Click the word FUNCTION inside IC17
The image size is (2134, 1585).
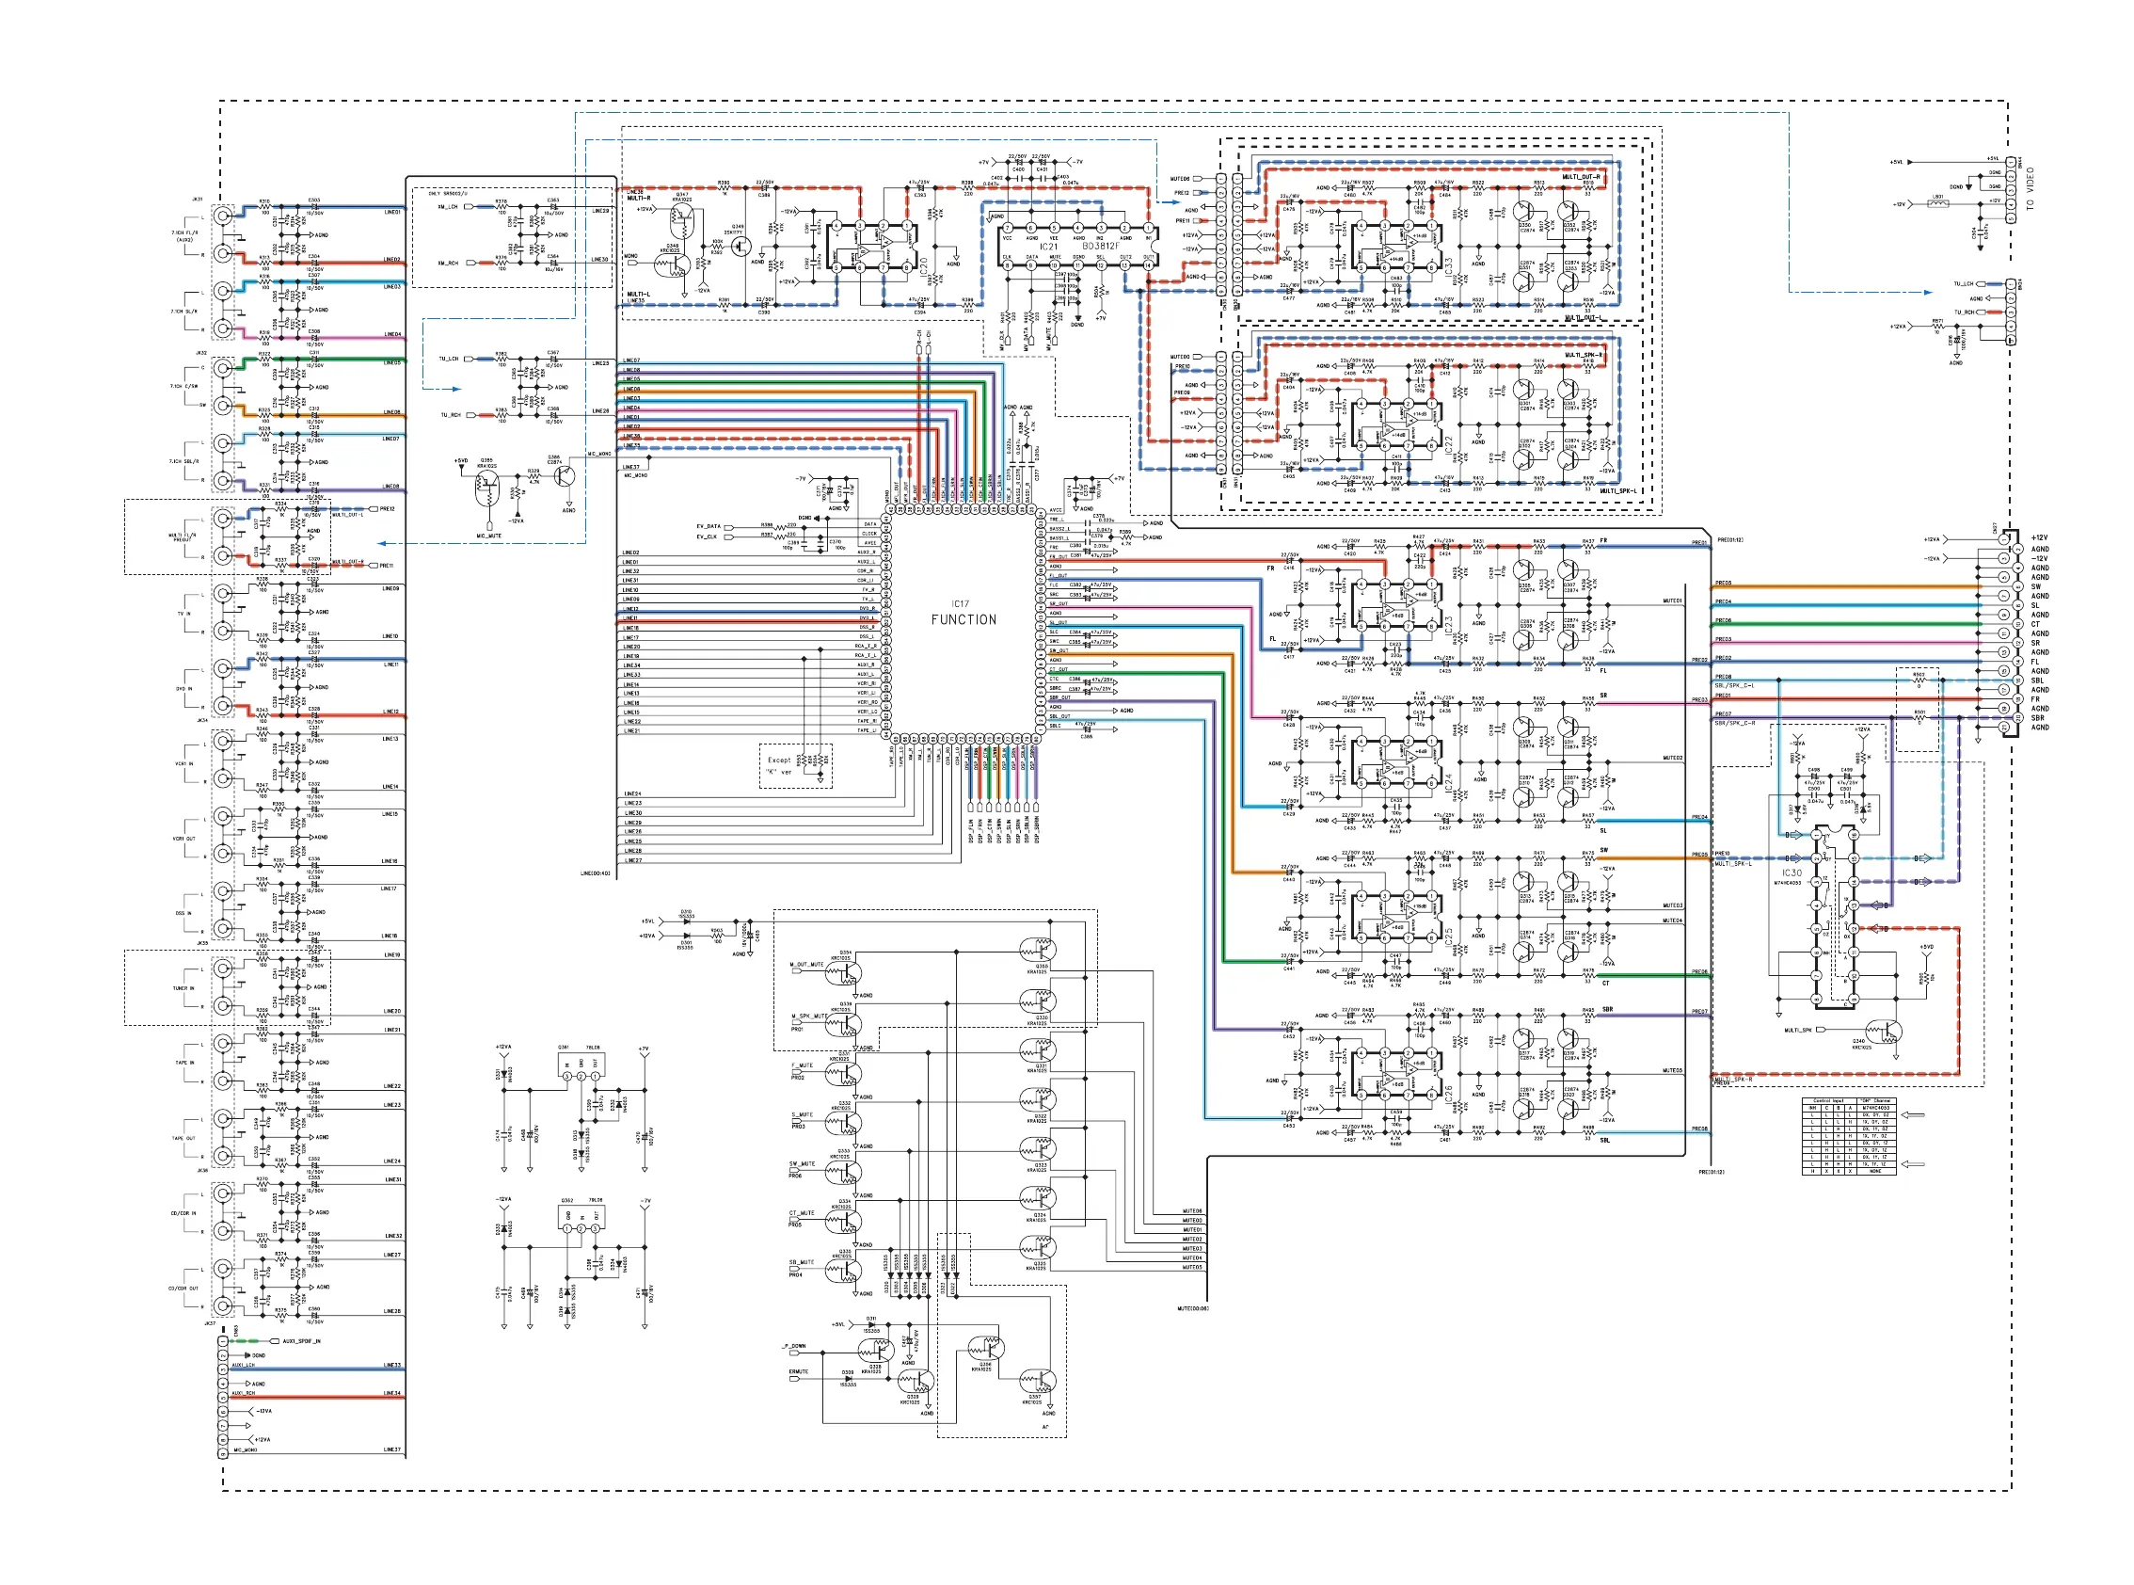pos(963,620)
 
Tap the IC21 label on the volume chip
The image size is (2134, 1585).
pos(1048,247)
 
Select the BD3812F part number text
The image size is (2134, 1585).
pos(1100,247)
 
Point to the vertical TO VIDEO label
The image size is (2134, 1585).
pos(2030,189)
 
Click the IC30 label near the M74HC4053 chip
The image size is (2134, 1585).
pos(1792,873)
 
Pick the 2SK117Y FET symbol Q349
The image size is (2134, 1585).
pos(740,245)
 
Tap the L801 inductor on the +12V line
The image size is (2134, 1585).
pos(1937,203)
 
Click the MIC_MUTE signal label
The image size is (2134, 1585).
pos(489,536)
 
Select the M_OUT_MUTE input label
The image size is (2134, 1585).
pos(806,964)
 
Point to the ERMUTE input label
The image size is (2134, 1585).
pos(799,1371)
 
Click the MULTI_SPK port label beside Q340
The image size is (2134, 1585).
pos(1798,1031)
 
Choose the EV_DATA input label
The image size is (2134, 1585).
pos(709,527)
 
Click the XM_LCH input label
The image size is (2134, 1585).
pos(448,207)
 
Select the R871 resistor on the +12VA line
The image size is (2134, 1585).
pos(1937,328)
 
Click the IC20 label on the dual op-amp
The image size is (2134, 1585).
pos(924,265)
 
